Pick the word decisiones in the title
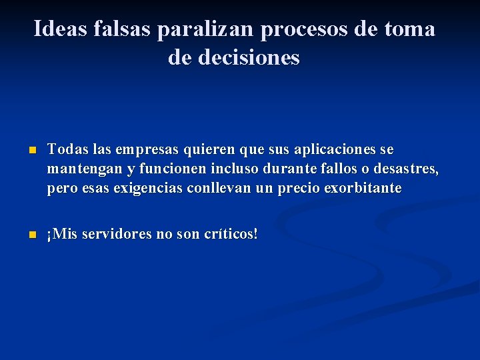click(251, 57)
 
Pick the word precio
click(298, 188)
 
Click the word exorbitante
click(363, 188)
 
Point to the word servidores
click(113, 235)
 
